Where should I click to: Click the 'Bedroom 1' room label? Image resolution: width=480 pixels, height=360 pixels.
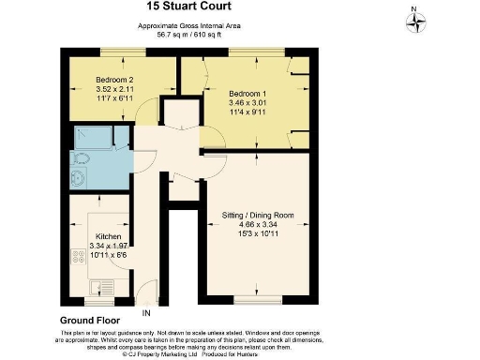[247, 94]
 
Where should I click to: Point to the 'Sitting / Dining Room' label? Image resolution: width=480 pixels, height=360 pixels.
[258, 215]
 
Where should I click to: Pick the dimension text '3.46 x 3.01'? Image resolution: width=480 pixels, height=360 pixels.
[247, 103]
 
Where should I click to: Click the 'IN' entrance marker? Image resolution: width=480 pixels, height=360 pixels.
[146, 312]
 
